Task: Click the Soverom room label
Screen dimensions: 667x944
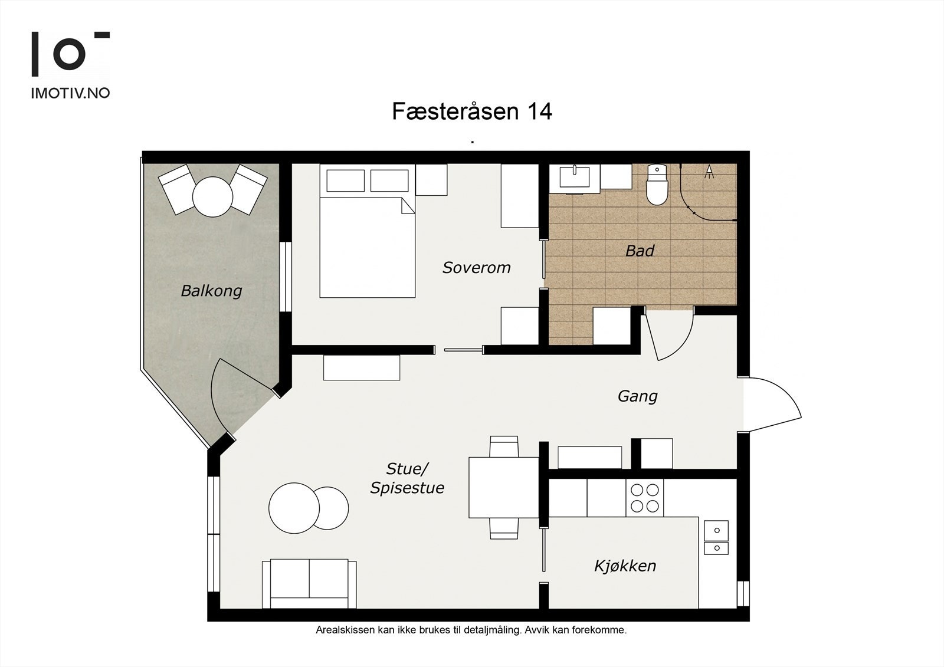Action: coord(476,268)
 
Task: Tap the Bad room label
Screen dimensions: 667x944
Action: coord(640,251)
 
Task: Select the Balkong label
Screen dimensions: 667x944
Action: coord(211,291)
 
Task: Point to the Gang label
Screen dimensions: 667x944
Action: coord(637,396)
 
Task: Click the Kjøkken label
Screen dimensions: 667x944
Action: coord(625,566)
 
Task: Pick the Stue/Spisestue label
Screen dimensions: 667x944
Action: coord(407,478)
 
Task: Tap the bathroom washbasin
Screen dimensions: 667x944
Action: coord(574,176)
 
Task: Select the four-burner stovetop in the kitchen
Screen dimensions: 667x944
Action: coord(644,498)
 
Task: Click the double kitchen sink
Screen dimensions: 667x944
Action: coord(716,538)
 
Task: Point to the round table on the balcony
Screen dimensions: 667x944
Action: coord(212,196)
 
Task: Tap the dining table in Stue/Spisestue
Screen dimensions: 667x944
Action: coord(503,487)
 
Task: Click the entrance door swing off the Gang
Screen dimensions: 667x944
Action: coord(770,405)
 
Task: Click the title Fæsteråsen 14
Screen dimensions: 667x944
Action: coord(472,111)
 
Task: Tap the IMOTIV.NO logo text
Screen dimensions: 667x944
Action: coord(70,93)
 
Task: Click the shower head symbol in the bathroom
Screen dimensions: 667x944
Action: coord(709,171)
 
